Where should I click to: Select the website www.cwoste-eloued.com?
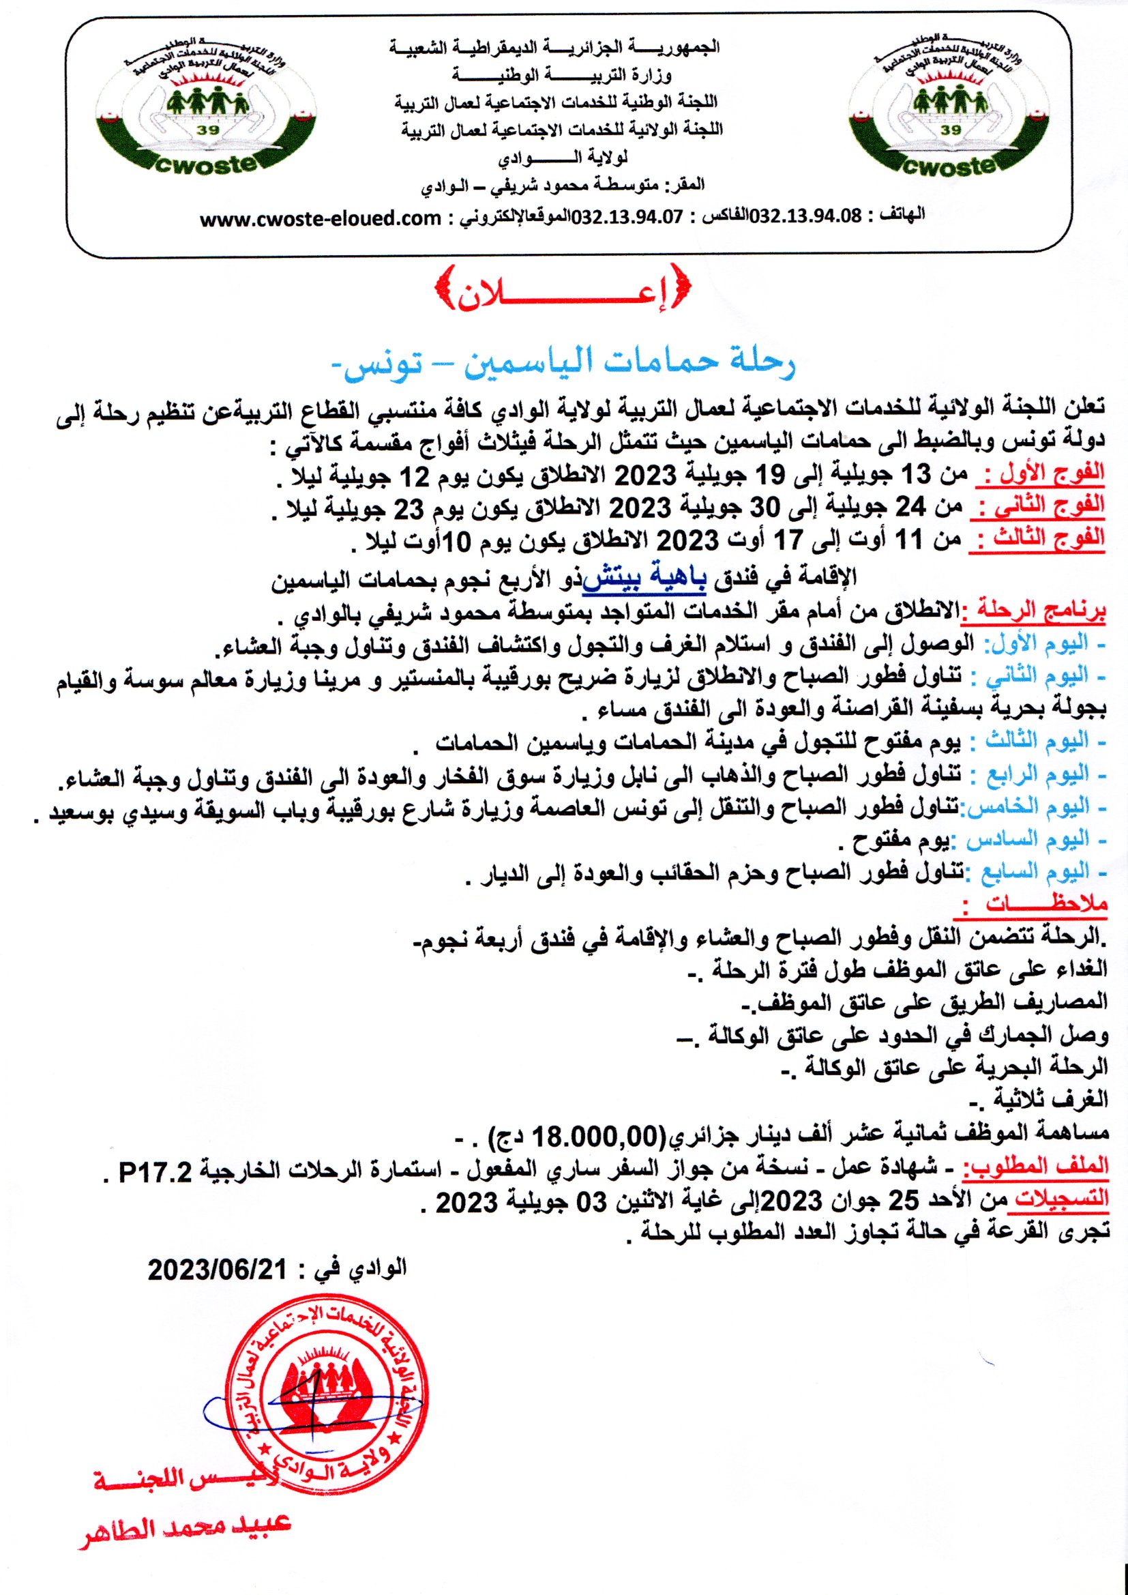point(321,219)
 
